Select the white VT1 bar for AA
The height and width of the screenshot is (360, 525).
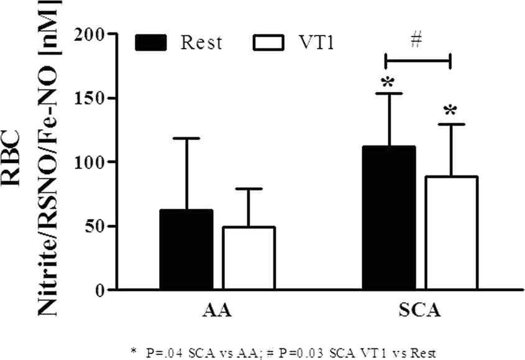coord(249,258)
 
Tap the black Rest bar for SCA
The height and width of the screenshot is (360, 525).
coord(388,218)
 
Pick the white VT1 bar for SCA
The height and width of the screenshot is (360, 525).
coord(451,233)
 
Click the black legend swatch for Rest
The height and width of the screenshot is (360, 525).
coord(151,43)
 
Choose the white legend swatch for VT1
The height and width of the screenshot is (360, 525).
coord(268,43)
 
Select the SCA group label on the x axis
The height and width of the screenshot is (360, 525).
coord(420,312)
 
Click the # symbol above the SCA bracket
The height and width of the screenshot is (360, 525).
coord(418,42)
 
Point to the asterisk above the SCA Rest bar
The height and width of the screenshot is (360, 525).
coord(388,82)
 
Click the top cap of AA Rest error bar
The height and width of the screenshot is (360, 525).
coord(186,138)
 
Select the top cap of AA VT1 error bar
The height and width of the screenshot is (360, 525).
coord(249,188)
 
